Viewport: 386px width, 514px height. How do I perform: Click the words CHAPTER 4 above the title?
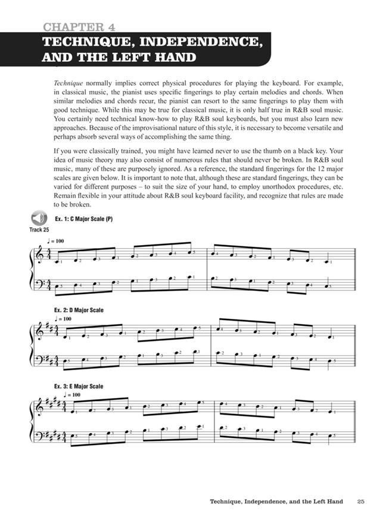[x=79, y=27]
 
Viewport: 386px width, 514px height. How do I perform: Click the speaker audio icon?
[x=39, y=218]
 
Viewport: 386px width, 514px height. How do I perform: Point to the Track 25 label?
[x=39, y=230]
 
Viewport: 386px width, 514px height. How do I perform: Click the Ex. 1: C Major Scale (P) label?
[x=83, y=219]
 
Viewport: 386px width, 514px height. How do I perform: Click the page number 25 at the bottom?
[x=361, y=500]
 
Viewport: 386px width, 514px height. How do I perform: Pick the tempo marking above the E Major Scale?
[x=71, y=394]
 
